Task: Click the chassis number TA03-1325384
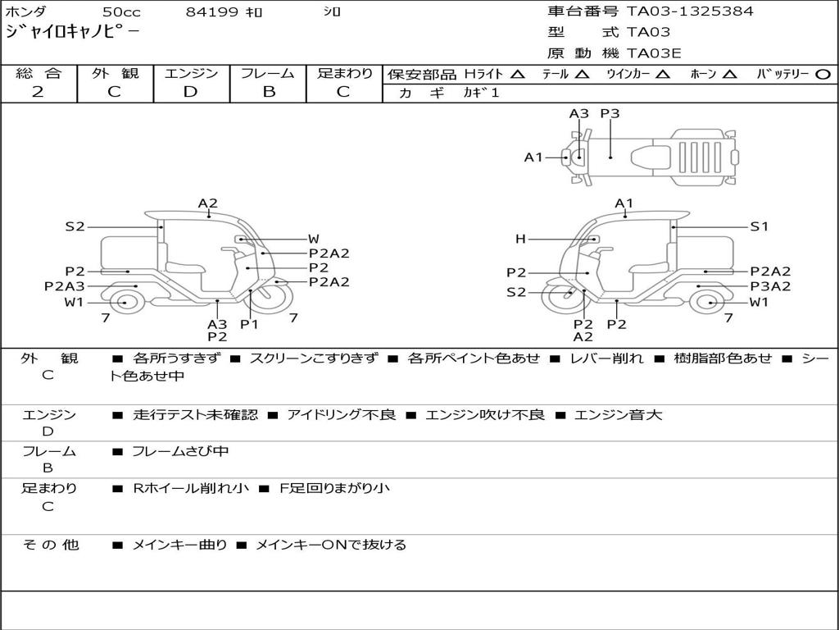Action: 690,11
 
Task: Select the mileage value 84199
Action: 212,12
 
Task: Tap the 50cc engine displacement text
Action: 120,12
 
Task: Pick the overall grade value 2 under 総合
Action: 38,92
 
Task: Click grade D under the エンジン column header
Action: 190,92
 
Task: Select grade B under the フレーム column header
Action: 269,92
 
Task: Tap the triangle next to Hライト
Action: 517,74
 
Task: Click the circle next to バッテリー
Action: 823,74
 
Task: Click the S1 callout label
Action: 760,226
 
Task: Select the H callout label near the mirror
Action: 520,240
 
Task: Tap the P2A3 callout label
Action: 65,286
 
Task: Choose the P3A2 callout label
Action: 770,286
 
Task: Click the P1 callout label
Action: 249,324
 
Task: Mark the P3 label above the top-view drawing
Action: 610,114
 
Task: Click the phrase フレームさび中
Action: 180,451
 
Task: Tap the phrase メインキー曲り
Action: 179,545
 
